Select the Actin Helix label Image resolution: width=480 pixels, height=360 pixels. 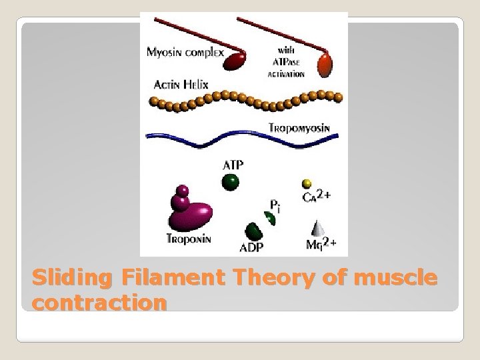click(x=180, y=85)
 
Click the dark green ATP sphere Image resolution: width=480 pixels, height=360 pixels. click(x=231, y=180)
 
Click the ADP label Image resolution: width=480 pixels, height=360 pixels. click(x=252, y=248)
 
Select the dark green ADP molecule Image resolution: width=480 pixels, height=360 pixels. click(x=253, y=231)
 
